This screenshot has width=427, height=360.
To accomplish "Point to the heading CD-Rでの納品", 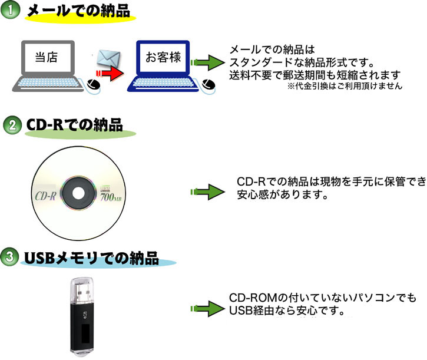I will coord(74,125).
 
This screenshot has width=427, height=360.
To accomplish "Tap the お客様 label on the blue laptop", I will coord(163,58).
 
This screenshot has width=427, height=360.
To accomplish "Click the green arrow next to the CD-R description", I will coord(208,191).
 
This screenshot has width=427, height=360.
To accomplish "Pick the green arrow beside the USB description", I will coord(207,308).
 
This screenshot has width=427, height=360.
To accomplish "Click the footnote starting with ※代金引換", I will coord(345,86).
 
